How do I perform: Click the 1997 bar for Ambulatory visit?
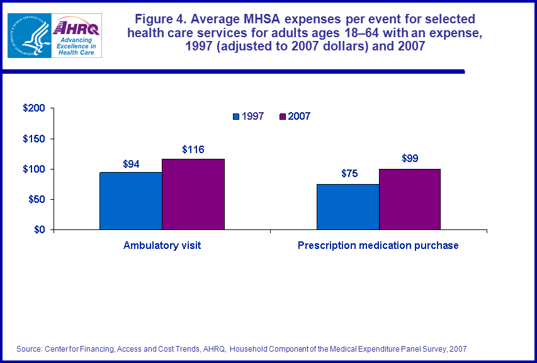130,201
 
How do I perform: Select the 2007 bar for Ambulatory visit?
193,194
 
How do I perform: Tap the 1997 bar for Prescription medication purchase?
348,207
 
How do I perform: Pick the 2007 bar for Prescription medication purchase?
410,199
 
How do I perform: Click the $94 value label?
131,164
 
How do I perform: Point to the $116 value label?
193,149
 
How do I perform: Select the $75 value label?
349,174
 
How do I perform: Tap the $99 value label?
410,159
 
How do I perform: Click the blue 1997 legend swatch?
237,117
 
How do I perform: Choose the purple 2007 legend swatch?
283,117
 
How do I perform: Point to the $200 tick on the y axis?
33,108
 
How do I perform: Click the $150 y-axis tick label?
33,139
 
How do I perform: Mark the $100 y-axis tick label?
33,169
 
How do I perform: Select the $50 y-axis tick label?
36,199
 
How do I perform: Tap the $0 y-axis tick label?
38,229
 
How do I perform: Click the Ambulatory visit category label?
162,246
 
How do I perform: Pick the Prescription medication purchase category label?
378,246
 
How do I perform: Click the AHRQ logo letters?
73,27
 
